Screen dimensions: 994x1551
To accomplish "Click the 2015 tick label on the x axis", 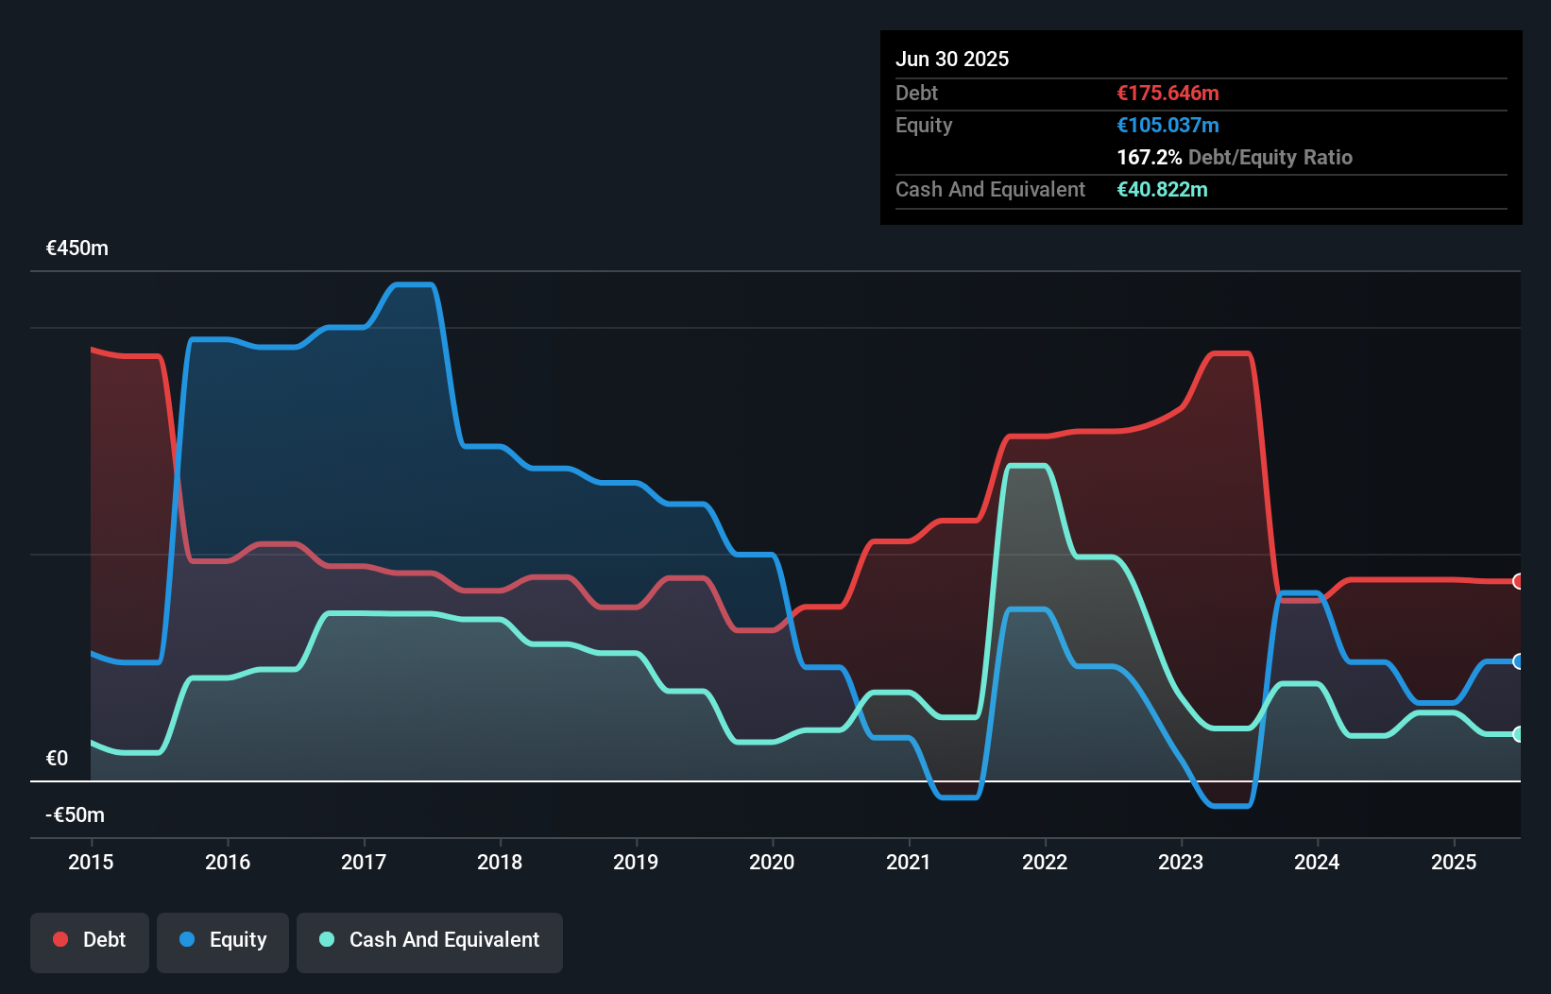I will [x=91, y=862].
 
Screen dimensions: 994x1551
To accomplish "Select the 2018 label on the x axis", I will [x=500, y=862].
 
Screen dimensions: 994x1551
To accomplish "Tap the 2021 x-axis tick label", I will [x=908, y=862].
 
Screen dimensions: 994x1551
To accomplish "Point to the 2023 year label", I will [x=1181, y=862].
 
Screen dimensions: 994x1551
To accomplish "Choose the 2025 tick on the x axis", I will [x=1453, y=862].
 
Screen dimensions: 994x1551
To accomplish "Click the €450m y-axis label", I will [x=77, y=248].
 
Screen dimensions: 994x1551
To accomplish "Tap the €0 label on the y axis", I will [x=57, y=758].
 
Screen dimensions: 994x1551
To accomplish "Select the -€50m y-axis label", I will [x=76, y=814].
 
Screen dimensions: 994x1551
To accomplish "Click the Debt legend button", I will [x=90, y=940].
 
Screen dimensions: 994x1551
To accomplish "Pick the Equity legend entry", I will [x=223, y=940].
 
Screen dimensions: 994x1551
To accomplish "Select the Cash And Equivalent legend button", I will [x=430, y=940].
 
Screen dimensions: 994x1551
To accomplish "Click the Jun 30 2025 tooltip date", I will [x=952, y=60].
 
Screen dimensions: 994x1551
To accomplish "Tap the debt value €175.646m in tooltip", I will [x=1168, y=94].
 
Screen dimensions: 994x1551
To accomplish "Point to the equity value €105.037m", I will [x=1168, y=126].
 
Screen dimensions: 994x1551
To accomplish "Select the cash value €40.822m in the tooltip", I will [x=1162, y=190].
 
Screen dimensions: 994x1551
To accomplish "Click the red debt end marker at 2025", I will [x=1518, y=581].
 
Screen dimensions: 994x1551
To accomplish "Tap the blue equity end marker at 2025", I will [x=1518, y=661].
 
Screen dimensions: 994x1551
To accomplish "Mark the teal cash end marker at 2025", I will [x=1518, y=734].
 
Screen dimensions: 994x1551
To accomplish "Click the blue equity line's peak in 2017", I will [x=413, y=284].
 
